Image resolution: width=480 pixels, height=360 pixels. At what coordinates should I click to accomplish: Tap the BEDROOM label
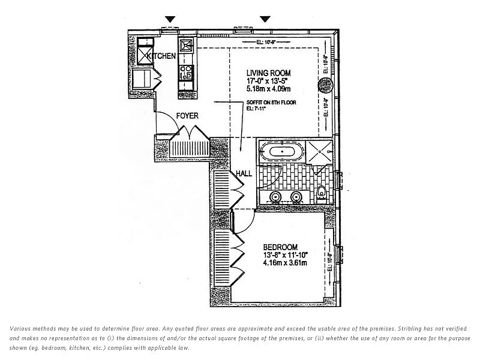point(280,247)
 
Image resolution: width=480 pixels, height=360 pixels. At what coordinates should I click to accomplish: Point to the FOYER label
point(187,116)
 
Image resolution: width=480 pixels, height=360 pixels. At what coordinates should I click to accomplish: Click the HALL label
point(244,173)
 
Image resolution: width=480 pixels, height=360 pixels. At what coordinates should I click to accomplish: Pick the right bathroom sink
point(296,197)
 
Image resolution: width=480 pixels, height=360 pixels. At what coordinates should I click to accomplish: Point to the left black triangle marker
point(170,20)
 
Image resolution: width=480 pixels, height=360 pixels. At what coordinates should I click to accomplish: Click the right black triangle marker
point(265,20)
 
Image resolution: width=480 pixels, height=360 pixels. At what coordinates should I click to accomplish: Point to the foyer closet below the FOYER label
point(190,146)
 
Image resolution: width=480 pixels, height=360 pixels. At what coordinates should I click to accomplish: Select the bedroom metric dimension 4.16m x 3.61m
point(285,263)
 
